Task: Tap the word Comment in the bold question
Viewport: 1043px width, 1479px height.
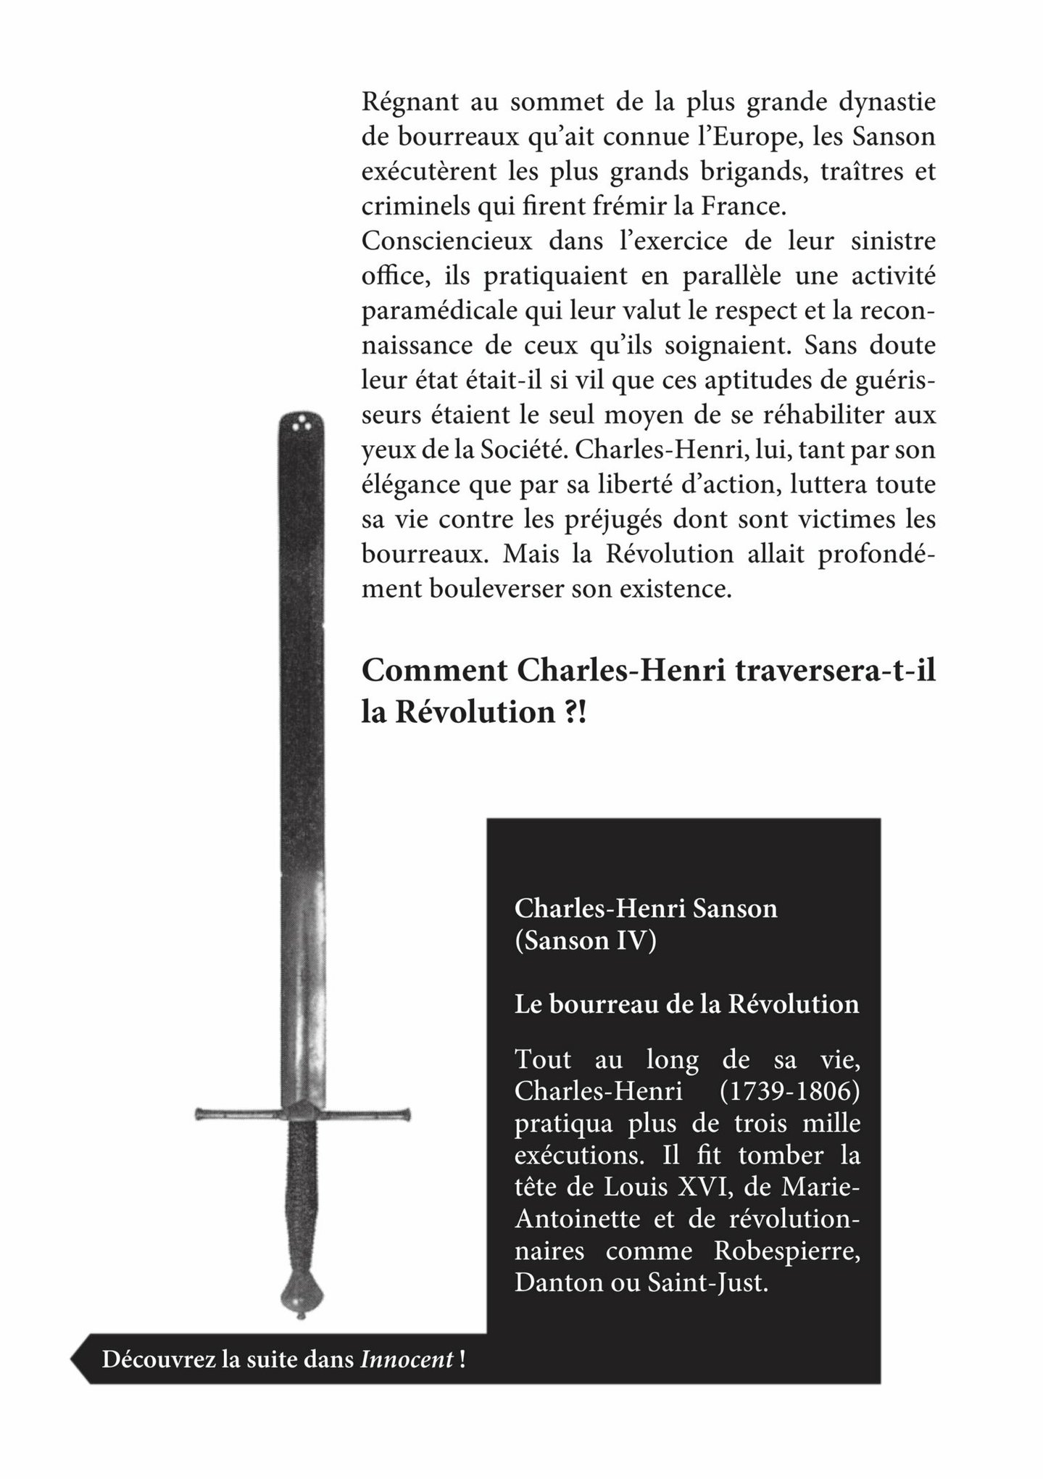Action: [435, 671]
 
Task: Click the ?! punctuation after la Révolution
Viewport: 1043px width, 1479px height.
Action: [573, 712]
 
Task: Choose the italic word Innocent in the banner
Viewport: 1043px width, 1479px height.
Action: [407, 1359]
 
